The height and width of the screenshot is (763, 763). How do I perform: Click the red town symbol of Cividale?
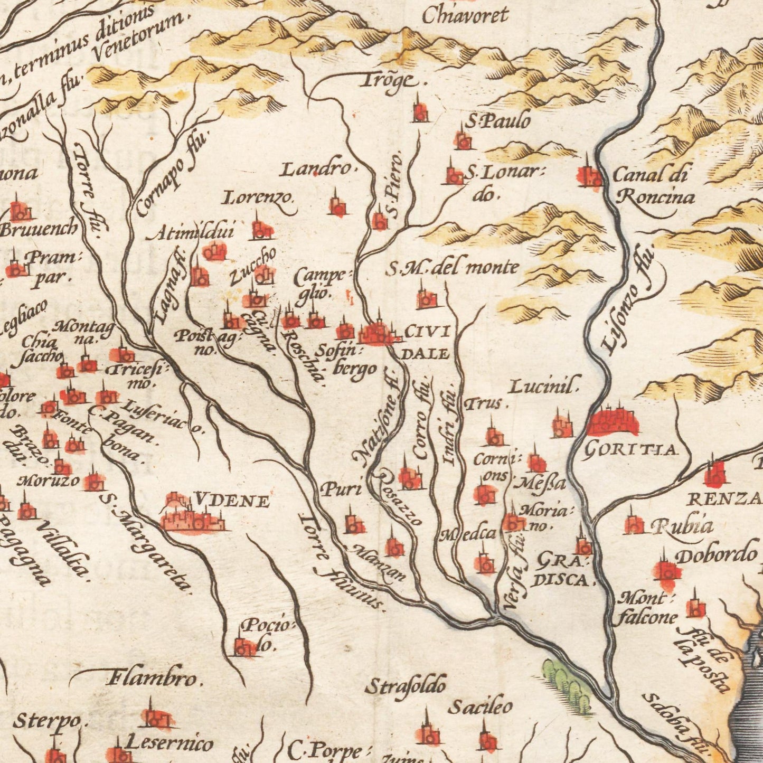pyautogui.click(x=377, y=333)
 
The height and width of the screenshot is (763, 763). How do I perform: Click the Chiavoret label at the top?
pyautogui.click(x=465, y=15)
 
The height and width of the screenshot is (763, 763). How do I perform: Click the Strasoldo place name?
pyautogui.click(x=406, y=686)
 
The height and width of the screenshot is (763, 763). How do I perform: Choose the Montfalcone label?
pyautogui.click(x=647, y=608)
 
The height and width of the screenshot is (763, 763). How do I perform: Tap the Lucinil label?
pyautogui.click(x=544, y=386)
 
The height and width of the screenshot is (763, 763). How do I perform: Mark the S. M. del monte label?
pyautogui.click(x=452, y=268)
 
